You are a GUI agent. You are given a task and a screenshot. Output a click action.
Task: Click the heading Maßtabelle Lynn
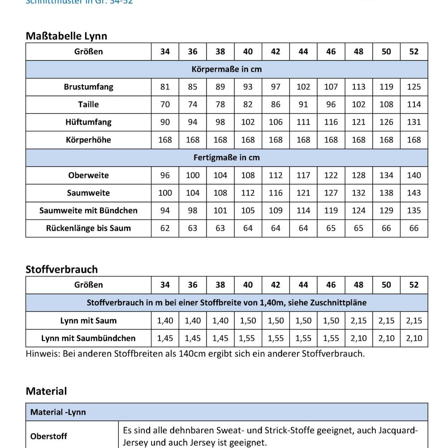pyautogui.click(x=66, y=36)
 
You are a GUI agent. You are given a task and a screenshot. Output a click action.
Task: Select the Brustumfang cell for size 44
pyautogui.click(x=303, y=87)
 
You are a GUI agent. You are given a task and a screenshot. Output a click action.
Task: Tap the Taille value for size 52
pyautogui.click(x=414, y=104)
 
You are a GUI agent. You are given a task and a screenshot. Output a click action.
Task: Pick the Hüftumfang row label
pyautogui.click(x=88, y=122)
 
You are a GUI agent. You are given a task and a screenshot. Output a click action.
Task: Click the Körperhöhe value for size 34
pyautogui.click(x=165, y=140)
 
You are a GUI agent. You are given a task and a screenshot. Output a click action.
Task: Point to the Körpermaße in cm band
pyautogui.click(x=227, y=69)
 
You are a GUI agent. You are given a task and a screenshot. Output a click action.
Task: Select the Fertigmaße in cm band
pyautogui.click(x=227, y=158)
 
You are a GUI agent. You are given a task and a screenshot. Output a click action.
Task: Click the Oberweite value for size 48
pyautogui.click(x=358, y=175)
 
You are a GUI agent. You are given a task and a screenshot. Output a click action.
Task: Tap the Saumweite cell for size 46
pyautogui.click(x=331, y=193)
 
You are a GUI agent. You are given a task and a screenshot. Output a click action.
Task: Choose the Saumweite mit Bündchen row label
pyautogui.click(x=88, y=211)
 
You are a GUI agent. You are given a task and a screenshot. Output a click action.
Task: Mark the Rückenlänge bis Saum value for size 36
pyautogui.click(x=193, y=228)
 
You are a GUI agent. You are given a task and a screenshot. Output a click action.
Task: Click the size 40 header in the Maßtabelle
pyautogui.click(x=248, y=52)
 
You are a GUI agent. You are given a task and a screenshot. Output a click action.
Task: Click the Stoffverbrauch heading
pyautogui.click(x=61, y=269)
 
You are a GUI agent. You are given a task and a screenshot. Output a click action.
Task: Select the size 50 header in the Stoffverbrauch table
pyautogui.click(x=386, y=285)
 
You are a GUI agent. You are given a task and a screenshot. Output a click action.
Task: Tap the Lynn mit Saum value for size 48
pyautogui.click(x=358, y=321)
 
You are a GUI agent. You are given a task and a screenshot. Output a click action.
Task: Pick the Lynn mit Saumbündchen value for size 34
pyautogui.click(x=165, y=338)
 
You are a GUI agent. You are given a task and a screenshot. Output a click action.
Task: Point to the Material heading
pyautogui.click(x=46, y=391)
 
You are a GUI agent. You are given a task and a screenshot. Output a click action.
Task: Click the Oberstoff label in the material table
pyautogui.click(x=48, y=436)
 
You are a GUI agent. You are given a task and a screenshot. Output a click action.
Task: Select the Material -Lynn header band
pyautogui.click(x=58, y=412)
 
